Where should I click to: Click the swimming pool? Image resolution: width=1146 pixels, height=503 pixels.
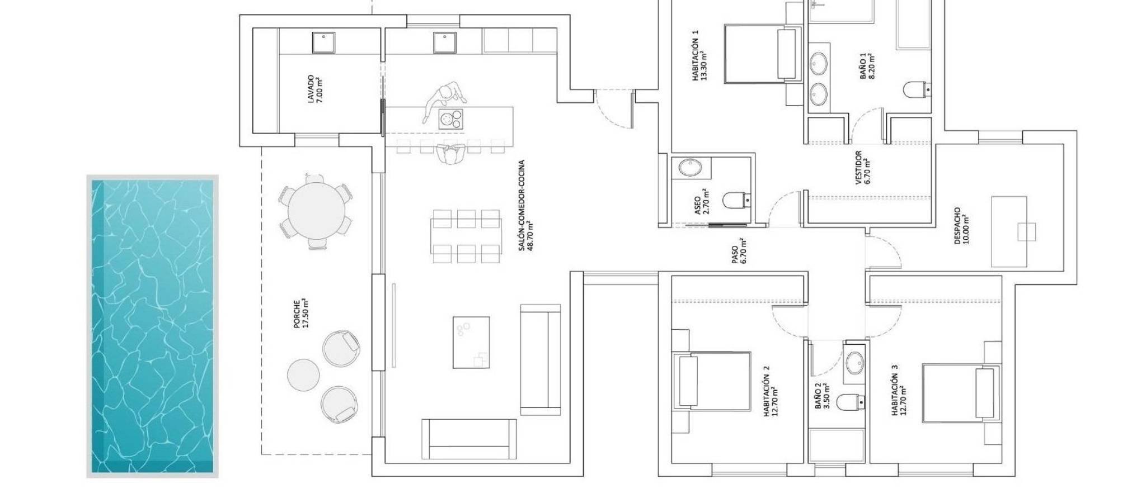(152, 326)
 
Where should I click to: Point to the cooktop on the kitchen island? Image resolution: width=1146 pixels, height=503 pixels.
(451, 119)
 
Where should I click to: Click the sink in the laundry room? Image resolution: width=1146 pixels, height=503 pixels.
(323, 43)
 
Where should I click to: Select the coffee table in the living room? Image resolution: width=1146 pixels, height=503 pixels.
(471, 342)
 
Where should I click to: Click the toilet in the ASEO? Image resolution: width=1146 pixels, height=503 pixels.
(736, 198)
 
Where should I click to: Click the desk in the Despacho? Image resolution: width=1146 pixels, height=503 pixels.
(1009, 231)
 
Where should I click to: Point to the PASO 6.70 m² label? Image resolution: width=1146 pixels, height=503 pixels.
(739, 250)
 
